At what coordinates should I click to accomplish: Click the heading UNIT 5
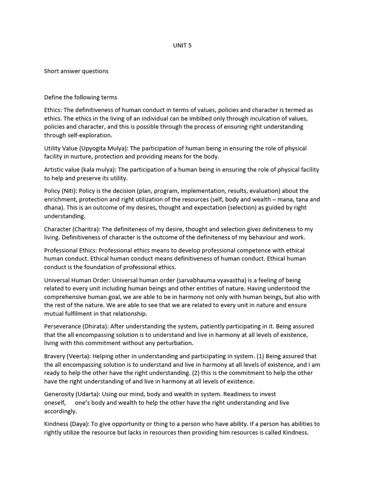182,46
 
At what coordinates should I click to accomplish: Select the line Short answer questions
76,71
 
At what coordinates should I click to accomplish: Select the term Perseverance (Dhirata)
78,327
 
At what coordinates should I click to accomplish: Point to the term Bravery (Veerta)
67,356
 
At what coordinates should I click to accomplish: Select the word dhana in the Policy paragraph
54,208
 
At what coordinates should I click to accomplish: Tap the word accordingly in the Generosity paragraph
60,411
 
